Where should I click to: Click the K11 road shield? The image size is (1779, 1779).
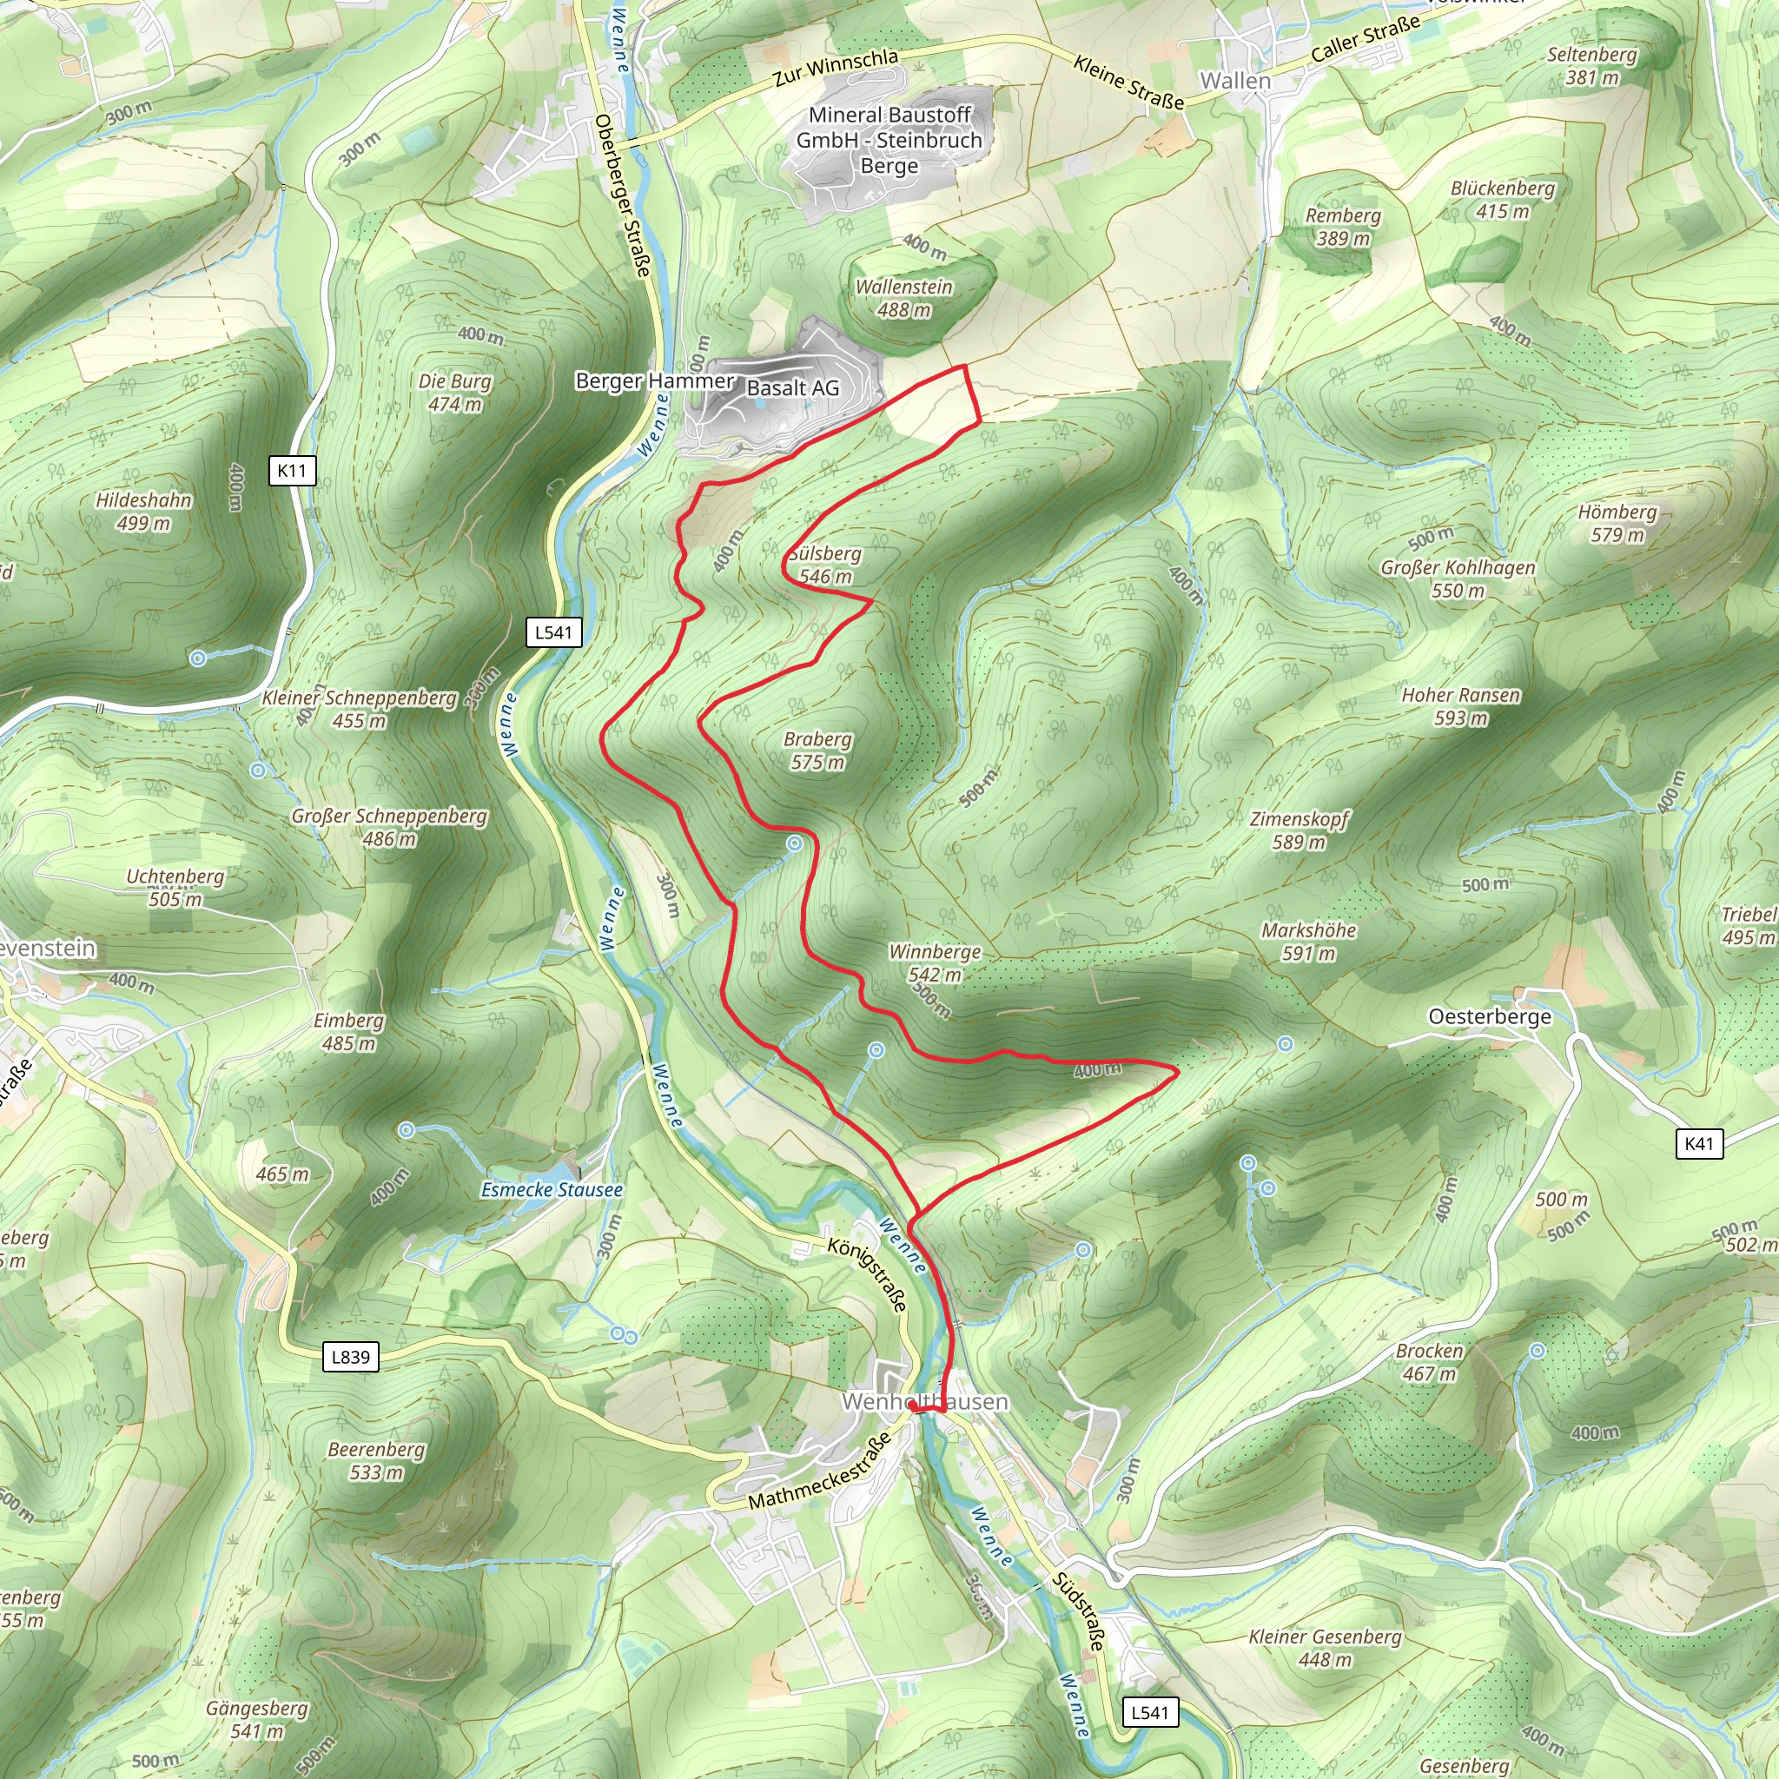point(292,471)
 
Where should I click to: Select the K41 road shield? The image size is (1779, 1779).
point(1699,1144)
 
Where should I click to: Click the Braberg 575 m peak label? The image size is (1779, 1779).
point(817,751)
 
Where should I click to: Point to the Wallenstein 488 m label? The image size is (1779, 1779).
point(903,298)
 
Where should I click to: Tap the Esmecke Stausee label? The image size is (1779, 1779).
point(552,1190)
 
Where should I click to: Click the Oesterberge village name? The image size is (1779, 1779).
point(1489,1016)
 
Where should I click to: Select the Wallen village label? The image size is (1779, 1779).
point(1235,81)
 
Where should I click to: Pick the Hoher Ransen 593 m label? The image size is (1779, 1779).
point(1460,706)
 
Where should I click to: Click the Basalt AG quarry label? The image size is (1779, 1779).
point(793,388)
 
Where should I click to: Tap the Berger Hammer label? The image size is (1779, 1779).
point(654,380)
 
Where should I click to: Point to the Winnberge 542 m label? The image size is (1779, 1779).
point(935,962)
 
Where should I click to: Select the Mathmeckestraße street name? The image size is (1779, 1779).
point(819,1471)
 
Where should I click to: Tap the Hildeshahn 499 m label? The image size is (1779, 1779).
point(143,511)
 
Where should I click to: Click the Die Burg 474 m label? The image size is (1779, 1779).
point(455,393)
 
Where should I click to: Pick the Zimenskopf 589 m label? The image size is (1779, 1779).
point(1299,830)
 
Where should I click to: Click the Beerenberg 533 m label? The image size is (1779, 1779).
point(377,1460)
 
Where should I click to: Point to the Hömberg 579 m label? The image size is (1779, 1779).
point(1617,523)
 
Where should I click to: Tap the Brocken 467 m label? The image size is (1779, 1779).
point(1429,1362)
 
